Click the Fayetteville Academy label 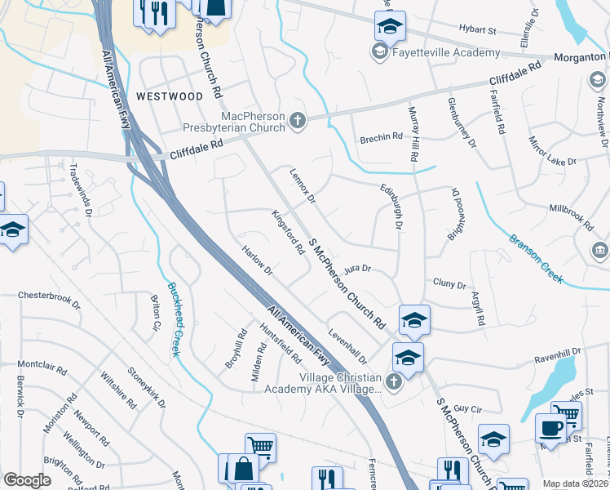[446, 53]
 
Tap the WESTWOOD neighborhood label [170, 96]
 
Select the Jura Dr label [357, 268]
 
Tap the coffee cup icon [550, 427]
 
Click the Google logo [27, 480]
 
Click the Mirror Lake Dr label [552, 150]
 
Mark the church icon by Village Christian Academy [394, 381]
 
